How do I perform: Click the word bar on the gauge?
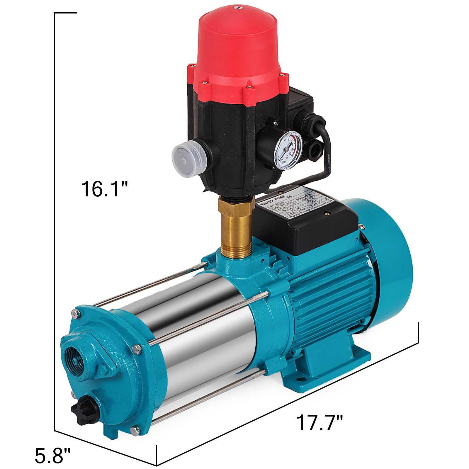283,162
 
